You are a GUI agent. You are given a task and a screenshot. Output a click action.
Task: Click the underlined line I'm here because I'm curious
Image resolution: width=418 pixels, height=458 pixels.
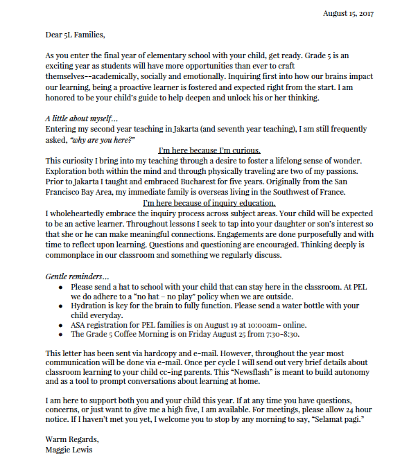tap(209, 150)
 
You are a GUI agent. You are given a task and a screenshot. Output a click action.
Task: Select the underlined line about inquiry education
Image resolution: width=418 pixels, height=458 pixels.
tap(209, 203)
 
